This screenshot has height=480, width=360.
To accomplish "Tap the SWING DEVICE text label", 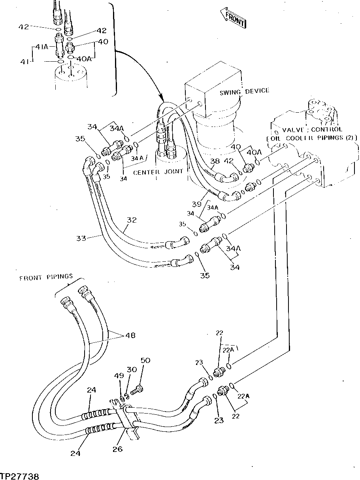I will (x=244, y=91).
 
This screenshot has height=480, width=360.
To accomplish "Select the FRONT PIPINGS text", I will (x=46, y=278).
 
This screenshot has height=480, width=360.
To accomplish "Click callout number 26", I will (x=118, y=449).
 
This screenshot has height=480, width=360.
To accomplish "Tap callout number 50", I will (x=145, y=360).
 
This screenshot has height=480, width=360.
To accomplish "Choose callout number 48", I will (x=130, y=335).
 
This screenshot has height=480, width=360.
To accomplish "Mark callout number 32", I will (x=132, y=220).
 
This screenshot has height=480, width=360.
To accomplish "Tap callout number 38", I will (x=215, y=161).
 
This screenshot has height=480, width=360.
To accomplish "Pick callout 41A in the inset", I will (x=41, y=47).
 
